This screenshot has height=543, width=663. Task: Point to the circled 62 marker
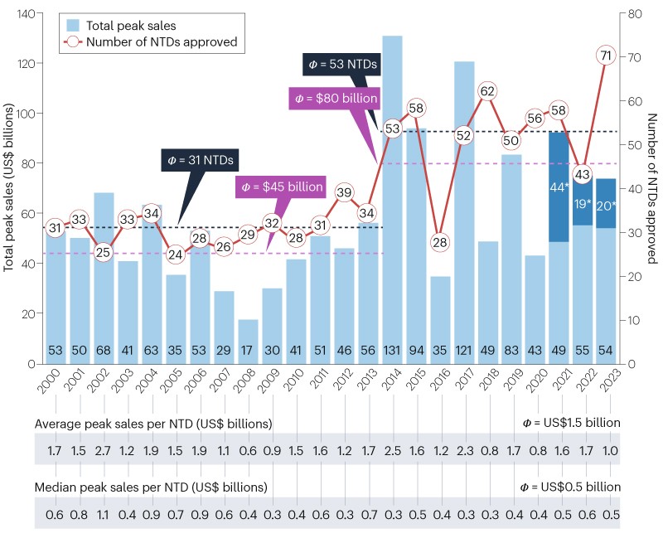[488, 91]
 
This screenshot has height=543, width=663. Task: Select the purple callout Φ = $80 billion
[336, 99]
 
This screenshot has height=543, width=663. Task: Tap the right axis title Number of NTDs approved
[652, 188]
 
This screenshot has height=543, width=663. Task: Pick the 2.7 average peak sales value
[104, 452]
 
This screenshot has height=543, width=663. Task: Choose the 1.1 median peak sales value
[104, 515]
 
